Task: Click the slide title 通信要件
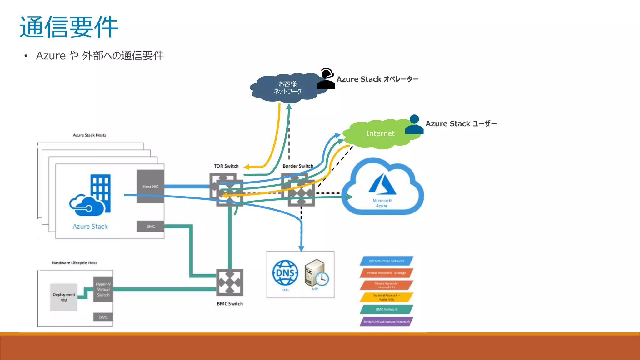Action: [x=69, y=27]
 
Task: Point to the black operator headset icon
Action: [x=326, y=79]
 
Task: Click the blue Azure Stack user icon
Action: [x=414, y=125]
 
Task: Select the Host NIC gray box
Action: [x=150, y=187]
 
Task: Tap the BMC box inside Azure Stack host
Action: [x=150, y=226]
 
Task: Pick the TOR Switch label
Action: [x=226, y=166]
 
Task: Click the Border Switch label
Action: [x=298, y=166]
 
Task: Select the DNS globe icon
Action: [x=285, y=273]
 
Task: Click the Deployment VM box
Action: [x=64, y=297]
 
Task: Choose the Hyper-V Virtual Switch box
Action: [x=103, y=289]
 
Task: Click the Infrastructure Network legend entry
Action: [x=386, y=261]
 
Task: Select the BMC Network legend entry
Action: [x=386, y=309]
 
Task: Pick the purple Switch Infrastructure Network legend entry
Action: [x=386, y=322]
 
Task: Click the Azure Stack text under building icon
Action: [x=90, y=227]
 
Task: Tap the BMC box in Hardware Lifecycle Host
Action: [x=103, y=317]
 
